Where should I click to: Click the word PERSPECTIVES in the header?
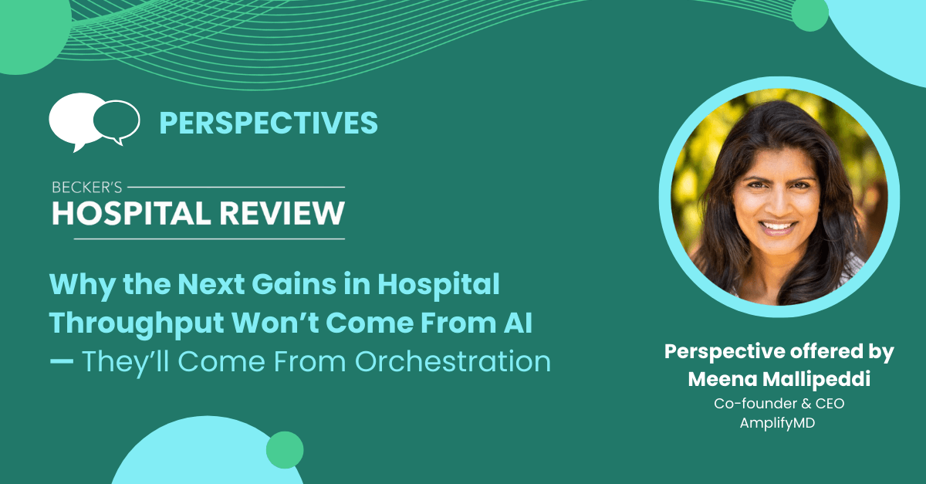coord(269,123)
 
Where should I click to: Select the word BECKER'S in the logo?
coord(86,188)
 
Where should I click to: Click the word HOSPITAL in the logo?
coord(131,214)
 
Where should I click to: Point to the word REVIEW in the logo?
coord(282,214)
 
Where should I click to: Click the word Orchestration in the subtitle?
coord(453,361)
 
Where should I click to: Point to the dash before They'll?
coord(62,361)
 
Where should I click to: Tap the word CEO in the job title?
coord(830,403)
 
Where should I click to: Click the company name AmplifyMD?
coord(777,424)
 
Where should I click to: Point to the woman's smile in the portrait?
coord(777,228)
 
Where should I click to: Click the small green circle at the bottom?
coord(285,450)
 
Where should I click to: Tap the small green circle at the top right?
coord(809,14)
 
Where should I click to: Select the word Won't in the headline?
coord(275,323)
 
